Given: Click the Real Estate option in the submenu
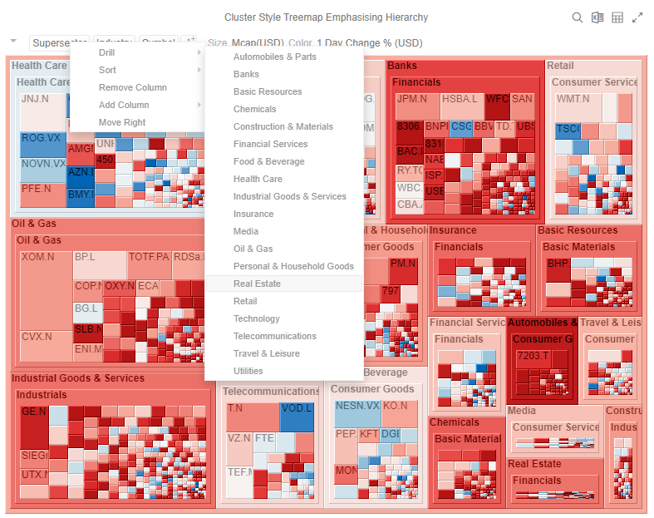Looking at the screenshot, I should pos(257,284).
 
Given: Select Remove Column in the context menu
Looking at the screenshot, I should pos(132,87).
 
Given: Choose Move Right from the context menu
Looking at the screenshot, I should pos(122,122).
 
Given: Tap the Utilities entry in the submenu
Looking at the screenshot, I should pos(248,371).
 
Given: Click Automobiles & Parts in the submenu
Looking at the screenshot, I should pos(274,57).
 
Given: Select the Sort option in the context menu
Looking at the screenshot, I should pos(108,70).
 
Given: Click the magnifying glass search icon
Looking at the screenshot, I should pos(578,17).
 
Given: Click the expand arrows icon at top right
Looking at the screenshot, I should pos(637,17).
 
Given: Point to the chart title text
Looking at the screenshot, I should pos(327,17).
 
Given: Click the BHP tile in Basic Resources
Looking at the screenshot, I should pos(556,264).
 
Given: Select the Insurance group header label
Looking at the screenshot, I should pos(453,230).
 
